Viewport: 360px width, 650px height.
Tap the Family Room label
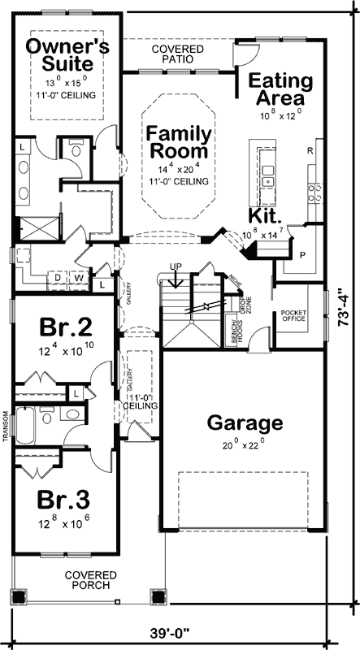pos(179,141)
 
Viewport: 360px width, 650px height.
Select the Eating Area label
pos(280,89)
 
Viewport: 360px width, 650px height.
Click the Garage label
pos(244,422)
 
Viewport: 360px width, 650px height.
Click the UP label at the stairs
pos(176,266)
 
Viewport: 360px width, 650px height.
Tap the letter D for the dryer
pos(58,278)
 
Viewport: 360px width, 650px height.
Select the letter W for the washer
pos(78,278)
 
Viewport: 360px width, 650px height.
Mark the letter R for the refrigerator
pos(310,151)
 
